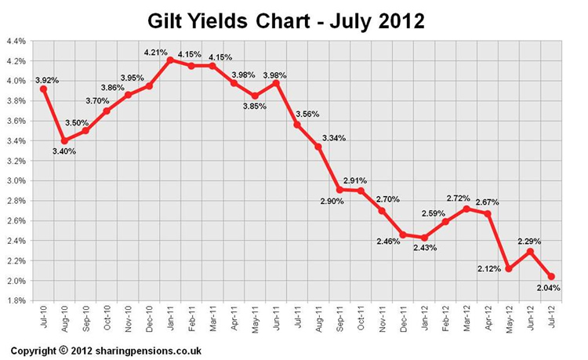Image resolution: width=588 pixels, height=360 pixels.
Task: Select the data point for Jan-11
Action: point(170,60)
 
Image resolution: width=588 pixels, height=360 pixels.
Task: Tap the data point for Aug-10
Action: point(64,140)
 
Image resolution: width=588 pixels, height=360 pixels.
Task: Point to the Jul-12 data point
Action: point(551,276)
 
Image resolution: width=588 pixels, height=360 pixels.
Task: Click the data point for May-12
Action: point(509,268)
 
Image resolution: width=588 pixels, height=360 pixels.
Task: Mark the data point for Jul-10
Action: point(43,89)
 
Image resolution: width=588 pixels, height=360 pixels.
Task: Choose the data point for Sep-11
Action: point(339,190)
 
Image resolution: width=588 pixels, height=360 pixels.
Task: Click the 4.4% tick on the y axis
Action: point(16,41)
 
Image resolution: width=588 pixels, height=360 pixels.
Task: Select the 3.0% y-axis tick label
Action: point(16,180)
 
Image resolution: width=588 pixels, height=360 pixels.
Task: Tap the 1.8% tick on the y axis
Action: point(16,300)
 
